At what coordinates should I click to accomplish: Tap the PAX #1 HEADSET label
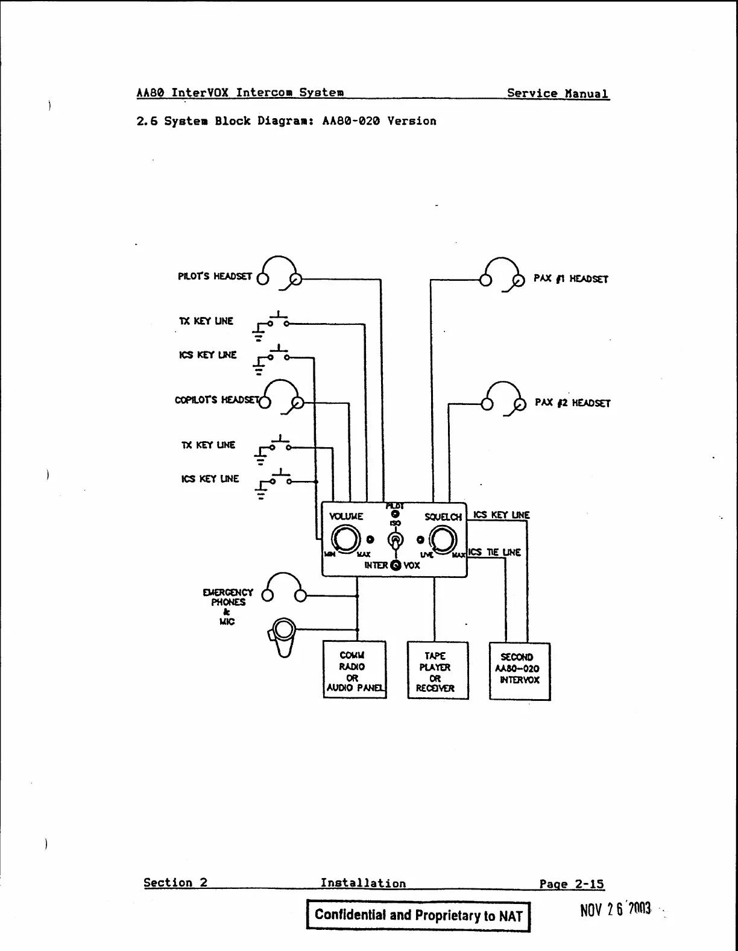pos(570,279)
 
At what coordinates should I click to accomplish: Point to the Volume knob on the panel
pos(346,539)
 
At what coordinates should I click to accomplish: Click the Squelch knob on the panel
pos(443,539)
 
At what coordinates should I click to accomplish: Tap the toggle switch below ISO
pos(396,540)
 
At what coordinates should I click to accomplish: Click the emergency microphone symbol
pos(283,636)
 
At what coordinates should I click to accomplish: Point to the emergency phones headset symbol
pos(283,587)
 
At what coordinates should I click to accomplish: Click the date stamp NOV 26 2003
pos(616,909)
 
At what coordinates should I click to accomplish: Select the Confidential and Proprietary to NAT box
pos(418,915)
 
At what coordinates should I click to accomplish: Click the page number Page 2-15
pos(571,884)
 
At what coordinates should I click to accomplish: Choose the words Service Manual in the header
pos(558,93)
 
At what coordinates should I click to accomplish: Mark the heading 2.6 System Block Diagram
pos(286,121)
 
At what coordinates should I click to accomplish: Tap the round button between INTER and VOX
pos(396,565)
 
